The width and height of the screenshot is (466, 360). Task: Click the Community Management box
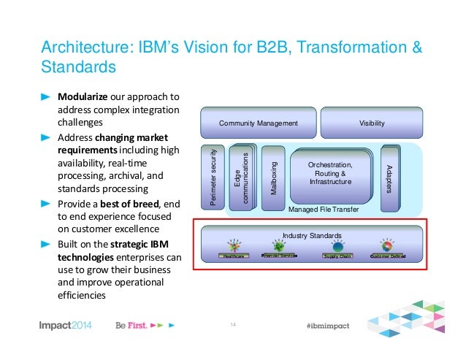258,123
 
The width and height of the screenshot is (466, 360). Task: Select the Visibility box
371,123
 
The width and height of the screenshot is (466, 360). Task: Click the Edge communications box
241,177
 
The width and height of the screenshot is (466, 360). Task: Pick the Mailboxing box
272,175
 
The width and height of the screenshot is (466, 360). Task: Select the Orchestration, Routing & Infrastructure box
331,175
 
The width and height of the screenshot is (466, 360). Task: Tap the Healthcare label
234,256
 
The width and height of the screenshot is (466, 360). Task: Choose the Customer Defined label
388,256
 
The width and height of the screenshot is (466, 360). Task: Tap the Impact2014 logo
66,324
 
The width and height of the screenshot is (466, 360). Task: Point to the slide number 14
233,324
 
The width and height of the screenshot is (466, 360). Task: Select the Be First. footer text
132,324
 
